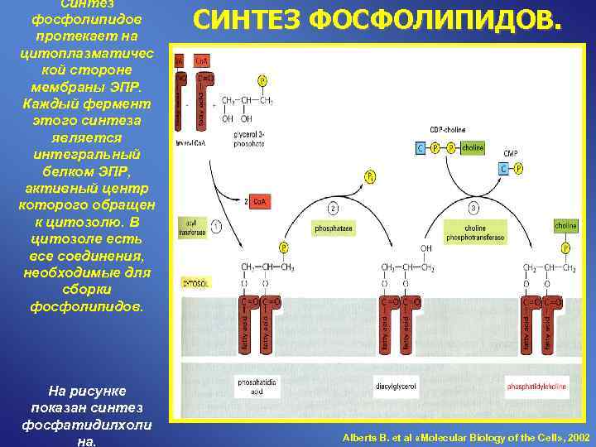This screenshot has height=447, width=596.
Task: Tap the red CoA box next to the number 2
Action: pos(259,202)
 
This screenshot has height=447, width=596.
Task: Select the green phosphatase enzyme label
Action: pos(334,226)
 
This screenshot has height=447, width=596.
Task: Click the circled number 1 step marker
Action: pos(216,225)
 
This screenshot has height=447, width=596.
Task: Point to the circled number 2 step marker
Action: pos(333,208)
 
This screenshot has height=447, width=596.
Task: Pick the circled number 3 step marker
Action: pos(474,208)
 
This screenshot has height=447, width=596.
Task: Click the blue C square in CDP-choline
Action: pos(421,148)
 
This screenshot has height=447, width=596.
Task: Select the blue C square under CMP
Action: pos(503,169)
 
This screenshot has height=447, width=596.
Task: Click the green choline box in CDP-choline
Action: pos(473,148)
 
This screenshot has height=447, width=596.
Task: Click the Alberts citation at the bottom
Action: pos(466,436)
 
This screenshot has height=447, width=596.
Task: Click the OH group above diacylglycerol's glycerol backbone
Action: pos(425,248)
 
